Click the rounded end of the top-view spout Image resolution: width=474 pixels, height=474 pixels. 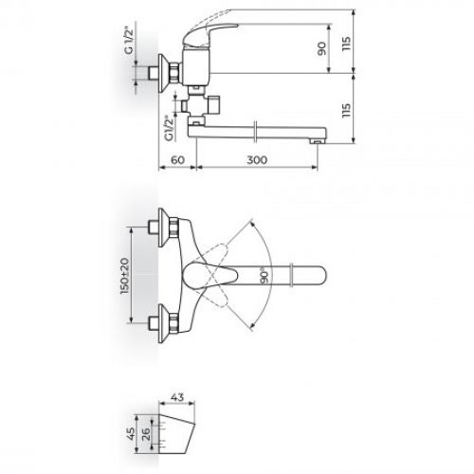[x=320, y=276]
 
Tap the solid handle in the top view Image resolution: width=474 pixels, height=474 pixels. [x=214, y=276]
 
